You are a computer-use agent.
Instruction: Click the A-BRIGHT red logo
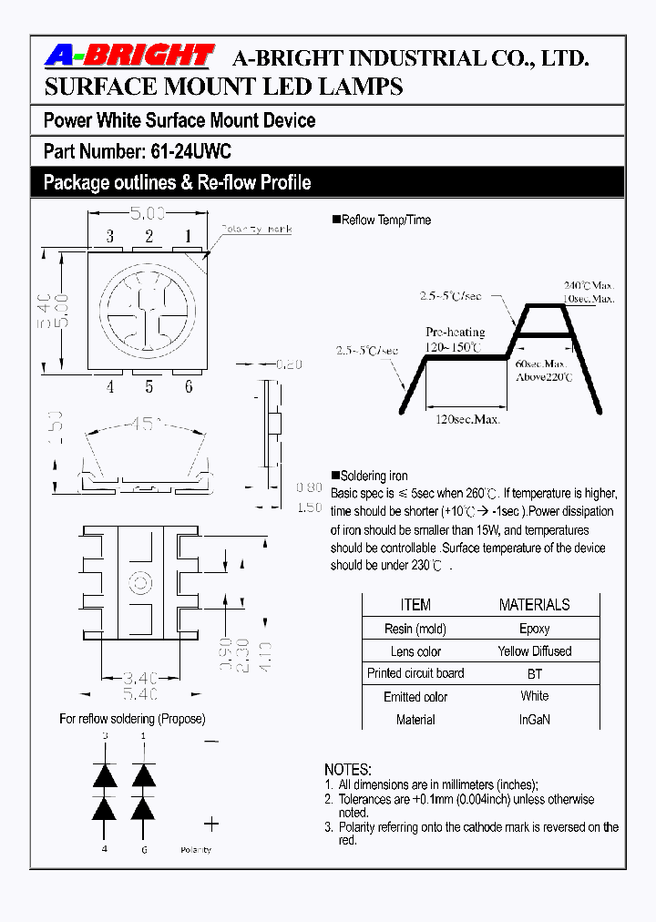129,56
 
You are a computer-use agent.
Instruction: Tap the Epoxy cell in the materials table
534,629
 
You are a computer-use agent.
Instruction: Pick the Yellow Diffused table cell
534,651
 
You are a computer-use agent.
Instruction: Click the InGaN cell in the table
534,720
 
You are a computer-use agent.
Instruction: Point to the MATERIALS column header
534,605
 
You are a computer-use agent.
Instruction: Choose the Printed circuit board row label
415,673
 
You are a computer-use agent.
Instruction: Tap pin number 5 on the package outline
149,386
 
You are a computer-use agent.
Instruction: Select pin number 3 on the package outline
109,237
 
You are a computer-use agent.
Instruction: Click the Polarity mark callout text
257,229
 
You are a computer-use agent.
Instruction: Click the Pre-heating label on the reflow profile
455,333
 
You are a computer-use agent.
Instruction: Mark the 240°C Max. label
588,285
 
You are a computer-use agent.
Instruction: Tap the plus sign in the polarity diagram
210,824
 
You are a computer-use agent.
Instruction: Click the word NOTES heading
348,770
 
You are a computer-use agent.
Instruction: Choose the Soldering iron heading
374,476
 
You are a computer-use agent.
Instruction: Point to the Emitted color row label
415,697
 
